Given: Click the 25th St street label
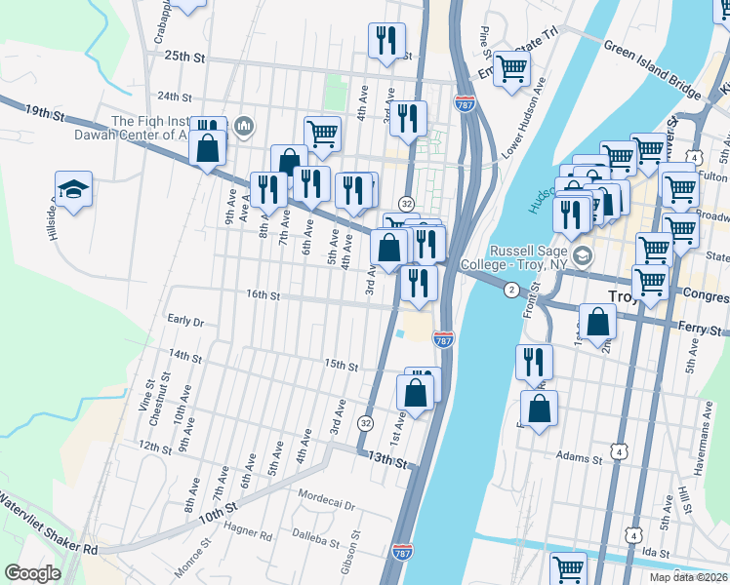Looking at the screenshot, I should (x=185, y=58).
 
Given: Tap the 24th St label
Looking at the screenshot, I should (x=175, y=97).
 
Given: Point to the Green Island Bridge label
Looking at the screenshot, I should (x=653, y=69).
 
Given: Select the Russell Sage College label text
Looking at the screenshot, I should (x=522, y=257).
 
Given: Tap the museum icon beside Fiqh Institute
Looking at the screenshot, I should (x=243, y=126).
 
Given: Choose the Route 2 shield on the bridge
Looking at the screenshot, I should (x=510, y=290).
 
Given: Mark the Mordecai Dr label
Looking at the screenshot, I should (x=327, y=494).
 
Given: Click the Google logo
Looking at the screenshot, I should (x=32, y=573).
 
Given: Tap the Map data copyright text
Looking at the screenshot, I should (x=689, y=577).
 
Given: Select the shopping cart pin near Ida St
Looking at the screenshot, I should (x=568, y=567).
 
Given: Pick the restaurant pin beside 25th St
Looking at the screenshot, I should (x=386, y=41).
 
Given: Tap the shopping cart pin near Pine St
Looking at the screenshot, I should (x=510, y=69).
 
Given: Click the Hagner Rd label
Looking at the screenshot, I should (x=248, y=534).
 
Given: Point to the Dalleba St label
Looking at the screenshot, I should (x=315, y=537).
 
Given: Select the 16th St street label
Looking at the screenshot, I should (x=263, y=294).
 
